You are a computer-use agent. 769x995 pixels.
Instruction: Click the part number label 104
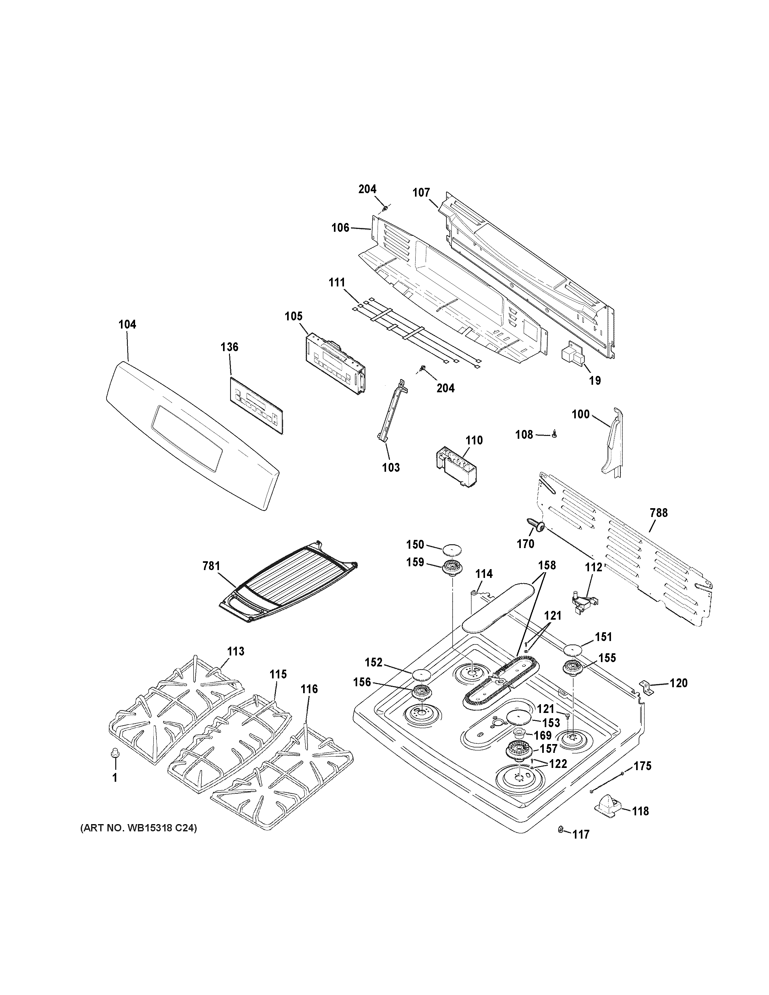pos(127,324)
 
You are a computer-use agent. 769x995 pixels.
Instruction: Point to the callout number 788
pos(659,513)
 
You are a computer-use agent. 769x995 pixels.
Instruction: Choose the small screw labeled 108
pos(554,435)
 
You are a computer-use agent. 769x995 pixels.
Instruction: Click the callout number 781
pos(211,566)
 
